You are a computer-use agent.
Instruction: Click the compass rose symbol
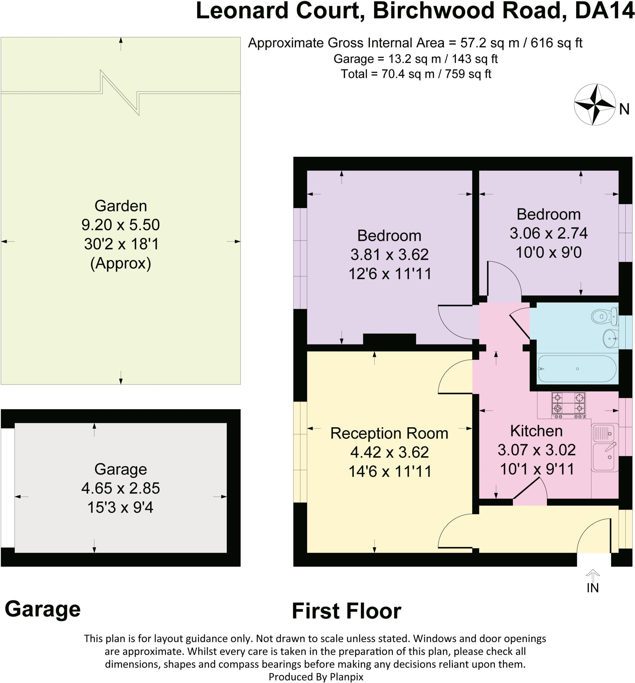tap(595, 104)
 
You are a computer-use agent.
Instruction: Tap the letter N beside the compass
tap(624, 109)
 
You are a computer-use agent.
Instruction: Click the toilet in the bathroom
tap(605, 316)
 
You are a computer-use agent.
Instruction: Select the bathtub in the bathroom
tap(577, 369)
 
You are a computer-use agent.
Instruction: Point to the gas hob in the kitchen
tap(569, 406)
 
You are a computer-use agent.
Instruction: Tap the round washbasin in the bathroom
tap(611, 339)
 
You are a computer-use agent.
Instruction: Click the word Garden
tap(121, 206)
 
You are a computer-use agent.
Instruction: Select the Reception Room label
tap(389, 433)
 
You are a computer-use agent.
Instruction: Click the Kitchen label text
tap(536, 431)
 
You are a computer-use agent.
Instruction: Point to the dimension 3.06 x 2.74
tap(548, 233)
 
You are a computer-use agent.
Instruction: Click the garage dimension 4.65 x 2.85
tap(121, 488)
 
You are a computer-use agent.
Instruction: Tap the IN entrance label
tap(593, 588)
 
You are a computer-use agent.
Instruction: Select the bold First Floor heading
tap(347, 612)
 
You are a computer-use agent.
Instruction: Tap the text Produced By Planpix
tap(316, 677)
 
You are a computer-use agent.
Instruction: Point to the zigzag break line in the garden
tap(121, 92)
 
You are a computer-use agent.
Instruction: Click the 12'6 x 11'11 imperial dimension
tap(390, 274)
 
